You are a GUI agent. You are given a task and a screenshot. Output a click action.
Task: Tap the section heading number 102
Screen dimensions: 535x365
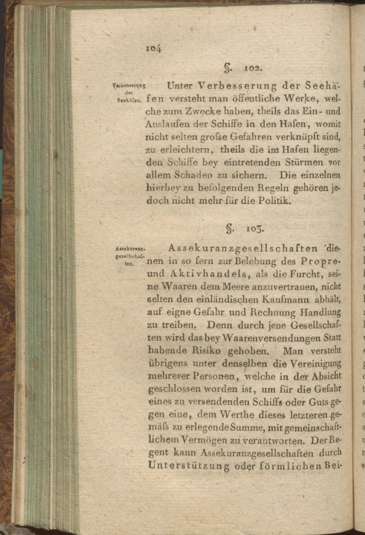pyautogui.click(x=251, y=68)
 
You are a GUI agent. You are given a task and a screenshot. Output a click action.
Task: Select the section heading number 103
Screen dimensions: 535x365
pyautogui.click(x=254, y=230)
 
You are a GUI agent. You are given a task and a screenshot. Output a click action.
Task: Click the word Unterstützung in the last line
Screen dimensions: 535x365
pyautogui.click(x=189, y=466)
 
